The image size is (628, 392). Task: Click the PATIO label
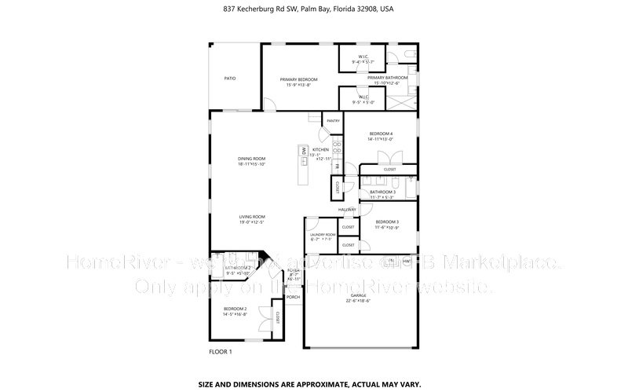pos(230,78)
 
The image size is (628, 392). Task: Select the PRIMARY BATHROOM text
pos(387,78)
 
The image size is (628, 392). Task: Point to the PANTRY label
pos(333,121)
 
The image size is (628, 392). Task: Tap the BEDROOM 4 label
pos(381,134)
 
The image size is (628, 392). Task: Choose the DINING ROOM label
pos(252,159)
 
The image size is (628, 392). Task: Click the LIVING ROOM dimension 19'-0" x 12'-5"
pos(252,222)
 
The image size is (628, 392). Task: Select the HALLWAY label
pos(348,210)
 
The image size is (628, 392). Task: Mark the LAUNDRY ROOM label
pos(323,235)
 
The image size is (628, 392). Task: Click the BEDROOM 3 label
pos(387,222)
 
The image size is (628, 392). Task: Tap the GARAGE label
pos(358,295)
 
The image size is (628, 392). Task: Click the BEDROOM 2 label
pos(235,309)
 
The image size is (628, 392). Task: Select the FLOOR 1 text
pos(221,351)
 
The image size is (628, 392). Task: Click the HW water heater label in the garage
pos(407,260)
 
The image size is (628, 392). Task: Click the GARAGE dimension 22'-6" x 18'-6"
pos(358,301)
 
